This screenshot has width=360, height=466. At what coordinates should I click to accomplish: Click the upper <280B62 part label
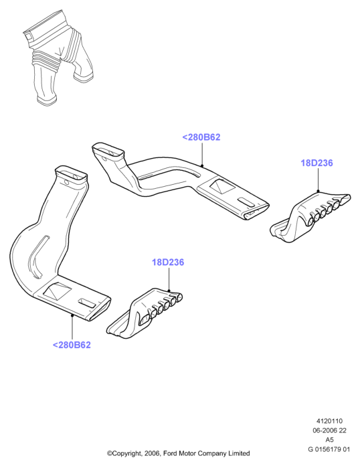(201, 137)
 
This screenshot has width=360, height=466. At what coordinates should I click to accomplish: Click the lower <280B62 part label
(72, 345)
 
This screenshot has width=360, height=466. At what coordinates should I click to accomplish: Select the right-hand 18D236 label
(317, 163)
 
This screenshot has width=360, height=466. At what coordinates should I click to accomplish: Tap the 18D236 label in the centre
(168, 262)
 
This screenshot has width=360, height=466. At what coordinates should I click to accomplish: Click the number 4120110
(329, 421)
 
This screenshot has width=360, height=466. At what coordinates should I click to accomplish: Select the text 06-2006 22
(329, 431)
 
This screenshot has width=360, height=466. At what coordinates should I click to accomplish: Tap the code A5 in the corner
(329, 440)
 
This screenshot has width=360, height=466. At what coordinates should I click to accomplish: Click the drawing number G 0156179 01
(329, 449)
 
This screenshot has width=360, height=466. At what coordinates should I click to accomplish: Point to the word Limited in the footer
(239, 453)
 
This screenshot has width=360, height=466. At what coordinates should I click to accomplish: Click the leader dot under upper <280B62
(202, 165)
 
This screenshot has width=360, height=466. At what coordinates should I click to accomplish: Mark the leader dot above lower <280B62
(72, 315)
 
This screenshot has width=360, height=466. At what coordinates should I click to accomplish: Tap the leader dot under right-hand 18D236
(318, 191)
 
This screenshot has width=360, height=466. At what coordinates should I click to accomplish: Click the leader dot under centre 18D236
(169, 291)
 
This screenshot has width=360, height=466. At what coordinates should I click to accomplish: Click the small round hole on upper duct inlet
(104, 159)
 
